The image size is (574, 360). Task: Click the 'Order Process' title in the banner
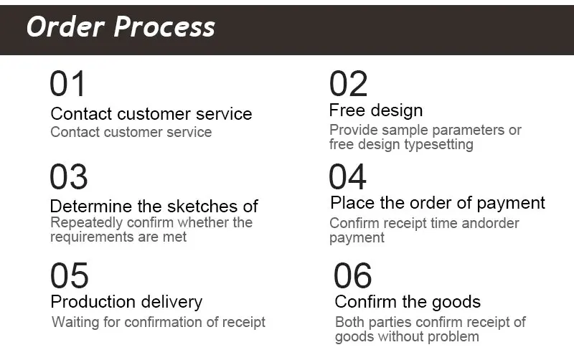point(121,27)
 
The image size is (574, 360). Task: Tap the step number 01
point(67,84)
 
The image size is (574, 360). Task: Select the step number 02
point(349,84)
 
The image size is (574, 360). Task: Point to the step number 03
point(69,177)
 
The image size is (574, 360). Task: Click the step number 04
point(348,177)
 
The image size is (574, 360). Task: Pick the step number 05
point(70,276)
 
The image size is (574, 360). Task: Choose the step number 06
point(353,276)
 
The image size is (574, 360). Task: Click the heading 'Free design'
point(376,110)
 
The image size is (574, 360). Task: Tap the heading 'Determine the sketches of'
point(154,206)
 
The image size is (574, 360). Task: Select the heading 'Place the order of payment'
point(438,203)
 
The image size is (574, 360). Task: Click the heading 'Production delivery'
point(126,302)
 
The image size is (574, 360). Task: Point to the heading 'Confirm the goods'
point(408,302)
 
